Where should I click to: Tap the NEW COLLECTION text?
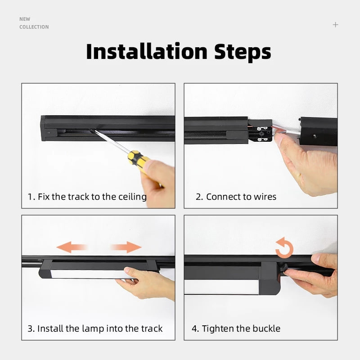(x=34, y=23)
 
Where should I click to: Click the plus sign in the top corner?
(x=335, y=25)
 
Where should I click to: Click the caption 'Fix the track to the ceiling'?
(x=87, y=197)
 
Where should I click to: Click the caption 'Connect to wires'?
(x=236, y=197)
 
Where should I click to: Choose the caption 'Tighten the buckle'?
(x=236, y=328)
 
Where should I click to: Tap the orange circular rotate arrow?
(x=284, y=249)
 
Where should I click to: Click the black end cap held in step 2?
(x=319, y=130)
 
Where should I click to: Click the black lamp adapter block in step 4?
(x=269, y=277)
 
